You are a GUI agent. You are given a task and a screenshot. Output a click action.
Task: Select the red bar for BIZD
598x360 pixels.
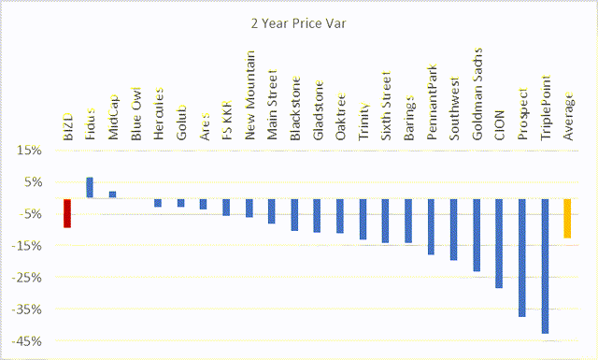[x=67, y=212]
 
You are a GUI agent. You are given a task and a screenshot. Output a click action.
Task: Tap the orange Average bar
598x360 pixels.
[x=567, y=218]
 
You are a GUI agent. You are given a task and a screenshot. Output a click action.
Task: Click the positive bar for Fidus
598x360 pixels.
[x=90, y=187]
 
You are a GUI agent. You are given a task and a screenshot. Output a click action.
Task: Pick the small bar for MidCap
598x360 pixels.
[x=112, y=194]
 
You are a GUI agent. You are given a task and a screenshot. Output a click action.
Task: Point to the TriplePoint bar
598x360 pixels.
[x=545, y=266]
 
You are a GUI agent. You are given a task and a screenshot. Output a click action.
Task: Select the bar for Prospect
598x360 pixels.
[x=522, y=257]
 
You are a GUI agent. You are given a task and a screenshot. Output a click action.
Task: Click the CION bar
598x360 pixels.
[x=499, y=243]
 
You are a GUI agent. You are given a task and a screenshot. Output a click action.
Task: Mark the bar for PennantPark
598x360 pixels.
[x=431, y=226]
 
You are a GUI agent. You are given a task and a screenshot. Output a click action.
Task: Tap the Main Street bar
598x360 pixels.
[x=272, y=210]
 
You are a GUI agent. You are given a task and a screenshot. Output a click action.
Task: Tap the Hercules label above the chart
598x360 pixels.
[x=158, y=113]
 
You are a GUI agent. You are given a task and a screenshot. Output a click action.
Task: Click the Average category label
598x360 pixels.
[x=568, y=119]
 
